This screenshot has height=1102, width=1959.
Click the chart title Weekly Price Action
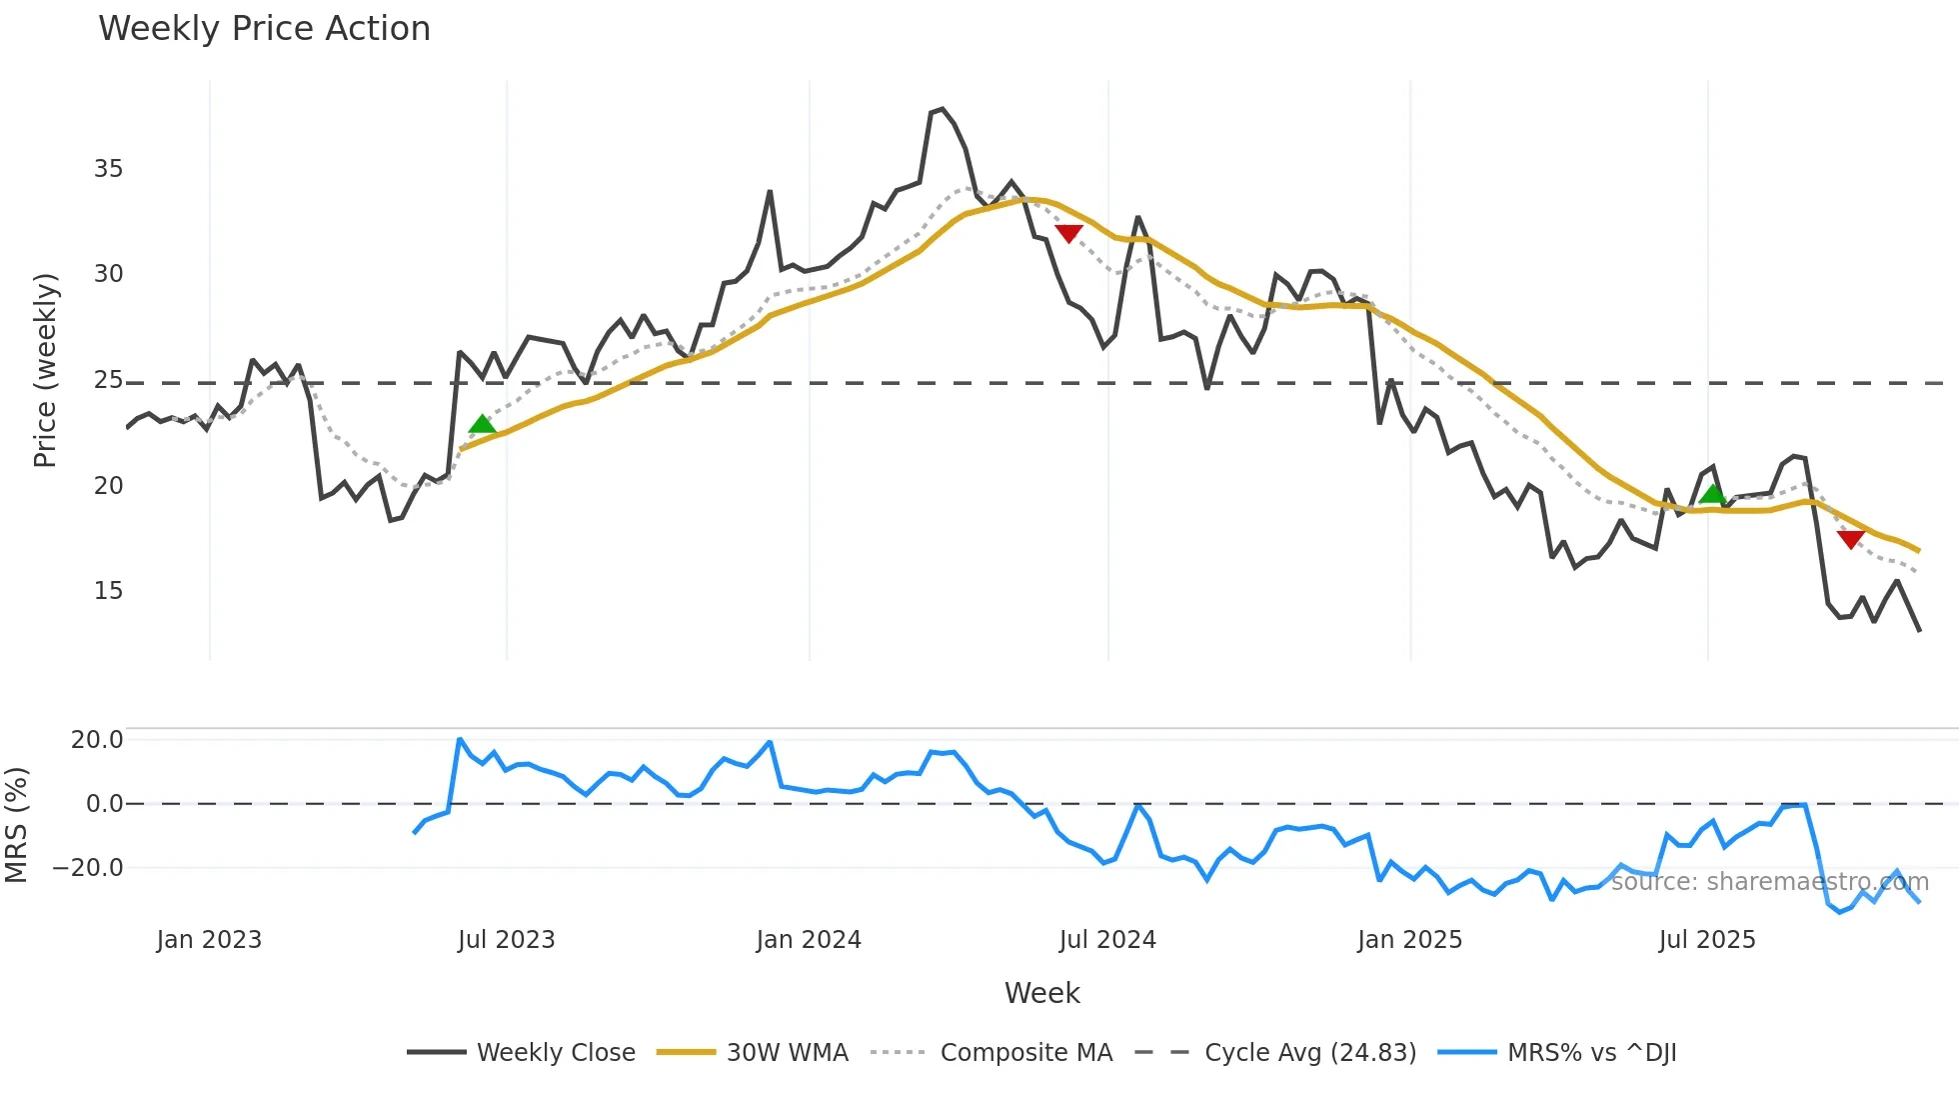click(264, 29)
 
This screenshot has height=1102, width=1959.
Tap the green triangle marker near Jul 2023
click(482, 425)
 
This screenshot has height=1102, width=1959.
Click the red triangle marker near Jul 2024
click(1068, 233)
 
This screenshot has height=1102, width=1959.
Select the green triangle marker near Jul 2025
click(1712, 494)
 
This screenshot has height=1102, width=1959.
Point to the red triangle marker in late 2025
click(1851, 539)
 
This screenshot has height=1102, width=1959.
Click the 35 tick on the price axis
click(109, 169)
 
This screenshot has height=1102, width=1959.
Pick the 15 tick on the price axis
click(109, 591)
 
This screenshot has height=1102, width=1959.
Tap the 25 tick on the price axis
click(109, 380)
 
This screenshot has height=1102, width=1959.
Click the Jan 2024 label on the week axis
click(809, 940)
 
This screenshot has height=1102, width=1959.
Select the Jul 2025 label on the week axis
click(1707, 940)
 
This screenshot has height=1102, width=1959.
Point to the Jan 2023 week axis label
click(209, 940)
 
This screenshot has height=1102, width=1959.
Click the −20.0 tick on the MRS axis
click(88, 868)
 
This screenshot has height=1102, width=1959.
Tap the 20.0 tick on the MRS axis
click(97, 740)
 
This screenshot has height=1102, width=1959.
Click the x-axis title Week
click(1041, 993)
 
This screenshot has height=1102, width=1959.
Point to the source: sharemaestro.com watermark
click(1769, 882)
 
